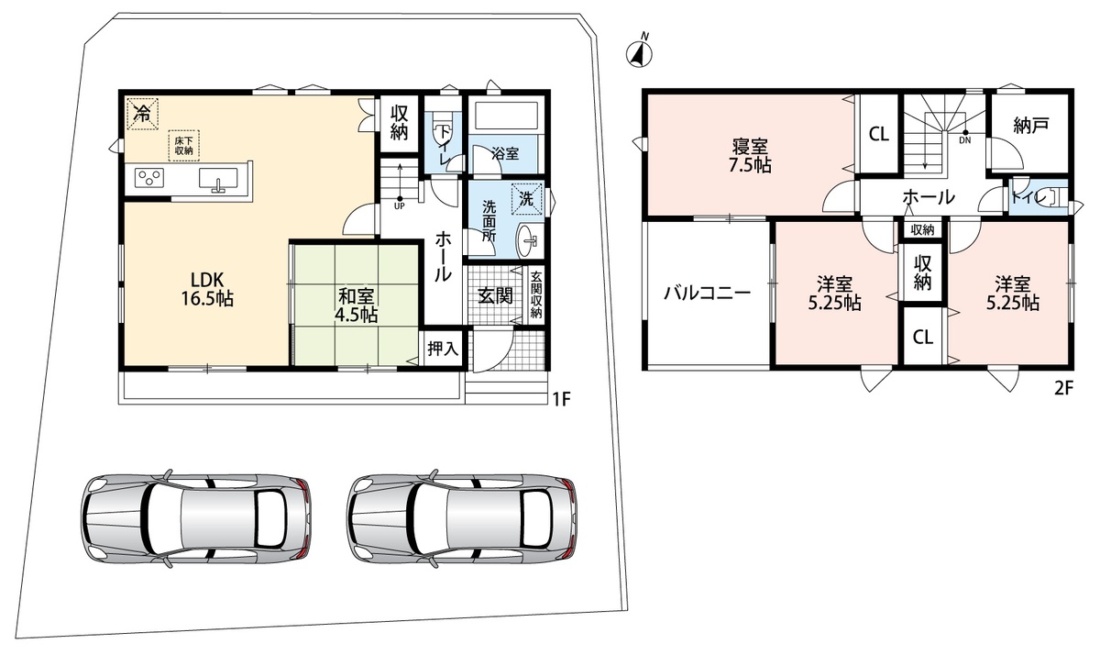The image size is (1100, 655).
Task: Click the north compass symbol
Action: [639, 52]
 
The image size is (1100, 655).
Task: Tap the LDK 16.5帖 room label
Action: [207, 289]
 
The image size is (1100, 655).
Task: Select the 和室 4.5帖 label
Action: [356, 305]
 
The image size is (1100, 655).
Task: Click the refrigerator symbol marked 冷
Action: [142, 114]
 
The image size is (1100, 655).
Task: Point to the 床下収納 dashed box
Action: [183, 146]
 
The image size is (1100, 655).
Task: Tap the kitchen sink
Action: [218, 178]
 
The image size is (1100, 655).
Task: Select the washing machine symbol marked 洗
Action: [527, 199]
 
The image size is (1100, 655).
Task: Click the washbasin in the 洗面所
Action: [527, 240]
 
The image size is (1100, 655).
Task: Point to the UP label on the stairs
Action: [400, 206]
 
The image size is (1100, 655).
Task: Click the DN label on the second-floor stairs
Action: [965, 140]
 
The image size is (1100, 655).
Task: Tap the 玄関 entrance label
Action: [496, 295]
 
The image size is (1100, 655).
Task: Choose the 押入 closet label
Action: [443, 349]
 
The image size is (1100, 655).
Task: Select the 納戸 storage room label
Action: [1030, 126]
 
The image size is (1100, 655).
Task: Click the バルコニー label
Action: [707, 294]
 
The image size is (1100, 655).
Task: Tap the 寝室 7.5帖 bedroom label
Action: [750, 156]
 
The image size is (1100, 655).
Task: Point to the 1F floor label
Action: [561, 400]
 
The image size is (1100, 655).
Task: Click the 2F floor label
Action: [1063, 389]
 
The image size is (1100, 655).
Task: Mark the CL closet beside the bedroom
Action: [879, 134]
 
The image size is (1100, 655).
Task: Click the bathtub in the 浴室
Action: [506, 117]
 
